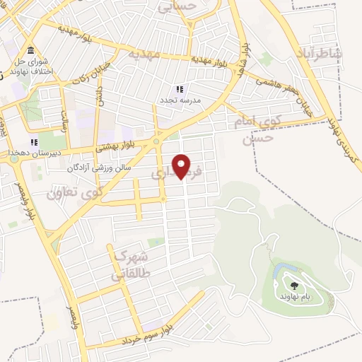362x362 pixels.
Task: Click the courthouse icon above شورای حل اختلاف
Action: click(31, 52)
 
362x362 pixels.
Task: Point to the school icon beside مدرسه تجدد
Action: click(180, 90)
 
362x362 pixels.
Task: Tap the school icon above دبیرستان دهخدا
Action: click(33, 143)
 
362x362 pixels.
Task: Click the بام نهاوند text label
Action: click(293, 298)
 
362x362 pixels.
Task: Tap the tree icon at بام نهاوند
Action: click(293, 286)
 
